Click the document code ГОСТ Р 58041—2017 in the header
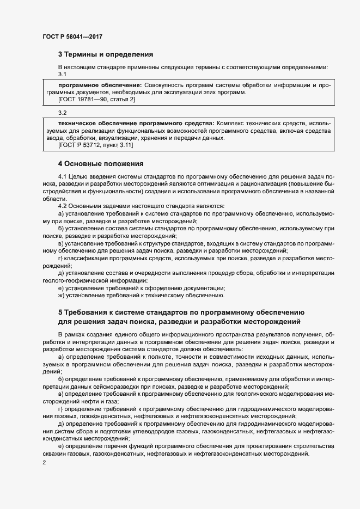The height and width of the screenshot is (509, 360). pos(72,36)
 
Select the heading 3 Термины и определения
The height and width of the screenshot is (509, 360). pos(106,54)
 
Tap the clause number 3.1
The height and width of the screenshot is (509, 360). pos(62,74)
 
